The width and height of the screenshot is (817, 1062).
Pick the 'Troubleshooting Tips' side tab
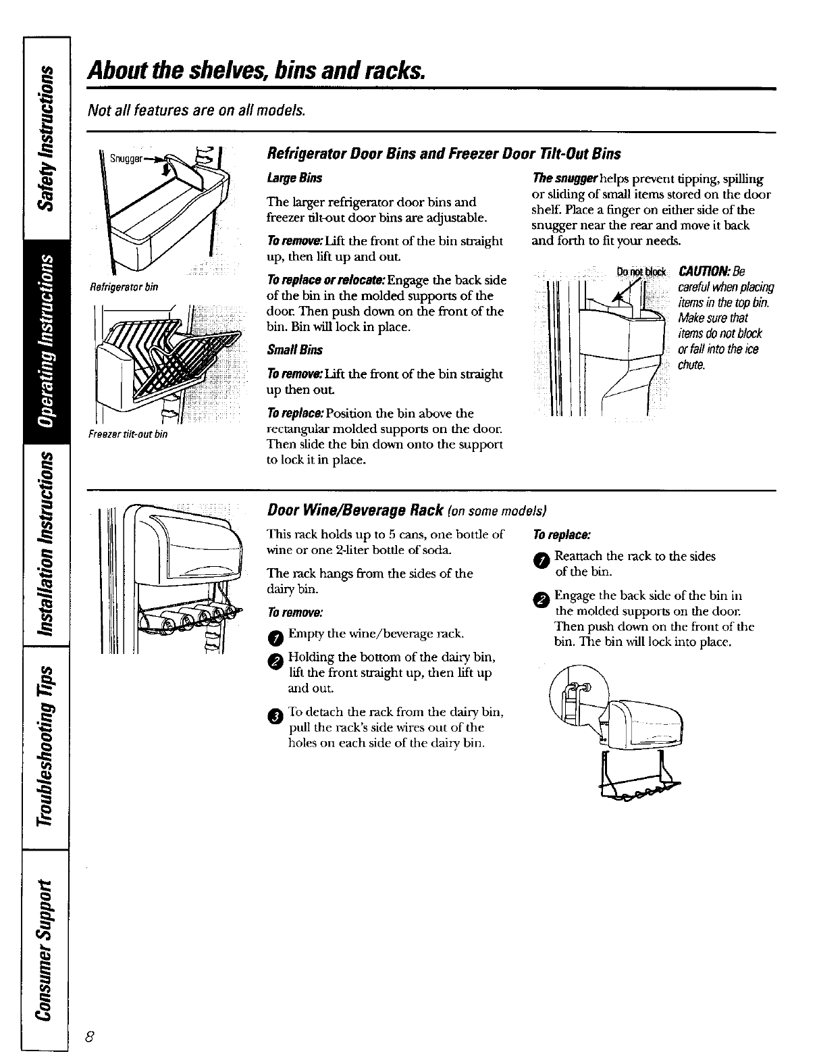tap(45, 746)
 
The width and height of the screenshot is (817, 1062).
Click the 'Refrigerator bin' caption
tap(124, 287)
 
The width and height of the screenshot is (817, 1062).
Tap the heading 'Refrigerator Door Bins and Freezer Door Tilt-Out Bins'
tap(444, 154)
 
